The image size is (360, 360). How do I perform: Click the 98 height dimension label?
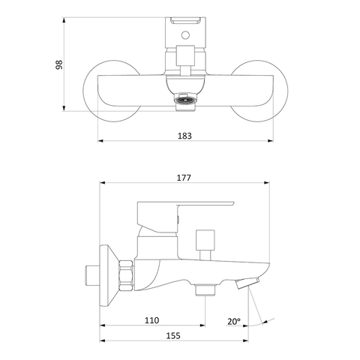[59, 64]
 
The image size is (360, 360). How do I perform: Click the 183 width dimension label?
[184, 136]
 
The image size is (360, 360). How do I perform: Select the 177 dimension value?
[184, 178]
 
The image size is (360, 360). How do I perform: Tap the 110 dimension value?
[151, 320]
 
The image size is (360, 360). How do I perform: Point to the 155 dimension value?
[173, 335]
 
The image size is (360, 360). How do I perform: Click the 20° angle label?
[234, 322]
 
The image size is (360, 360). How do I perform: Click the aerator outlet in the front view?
[185, 100]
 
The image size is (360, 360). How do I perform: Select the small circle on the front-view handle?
[185, 35]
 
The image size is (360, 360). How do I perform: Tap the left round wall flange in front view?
[112, 91]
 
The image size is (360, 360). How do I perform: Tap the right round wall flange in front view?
[259, 91]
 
